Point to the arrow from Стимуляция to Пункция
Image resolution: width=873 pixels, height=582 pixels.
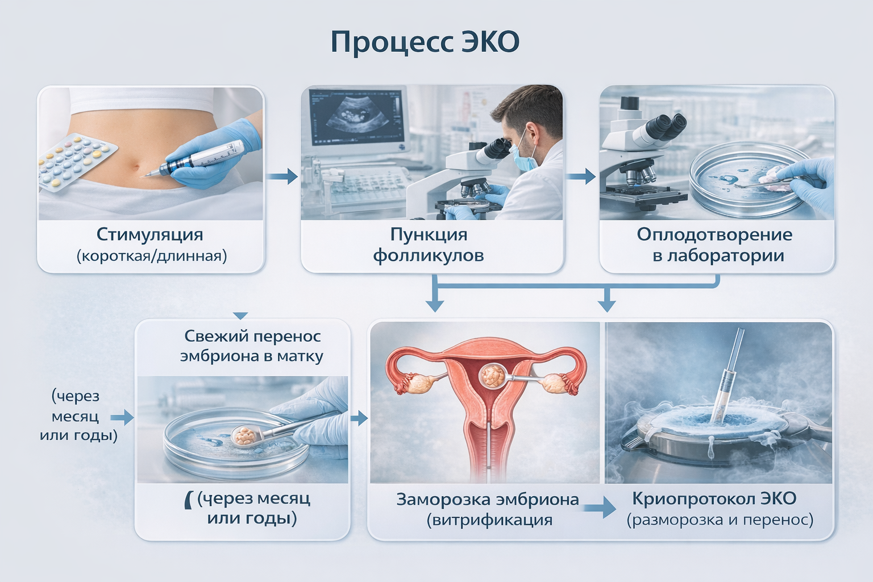[282, 177]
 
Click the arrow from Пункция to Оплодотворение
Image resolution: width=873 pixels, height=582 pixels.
[581, 177]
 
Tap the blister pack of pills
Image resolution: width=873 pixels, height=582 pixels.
[77, 161]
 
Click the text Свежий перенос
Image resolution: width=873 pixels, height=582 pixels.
[252, 336]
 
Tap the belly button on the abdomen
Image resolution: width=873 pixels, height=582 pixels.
[136, 168]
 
